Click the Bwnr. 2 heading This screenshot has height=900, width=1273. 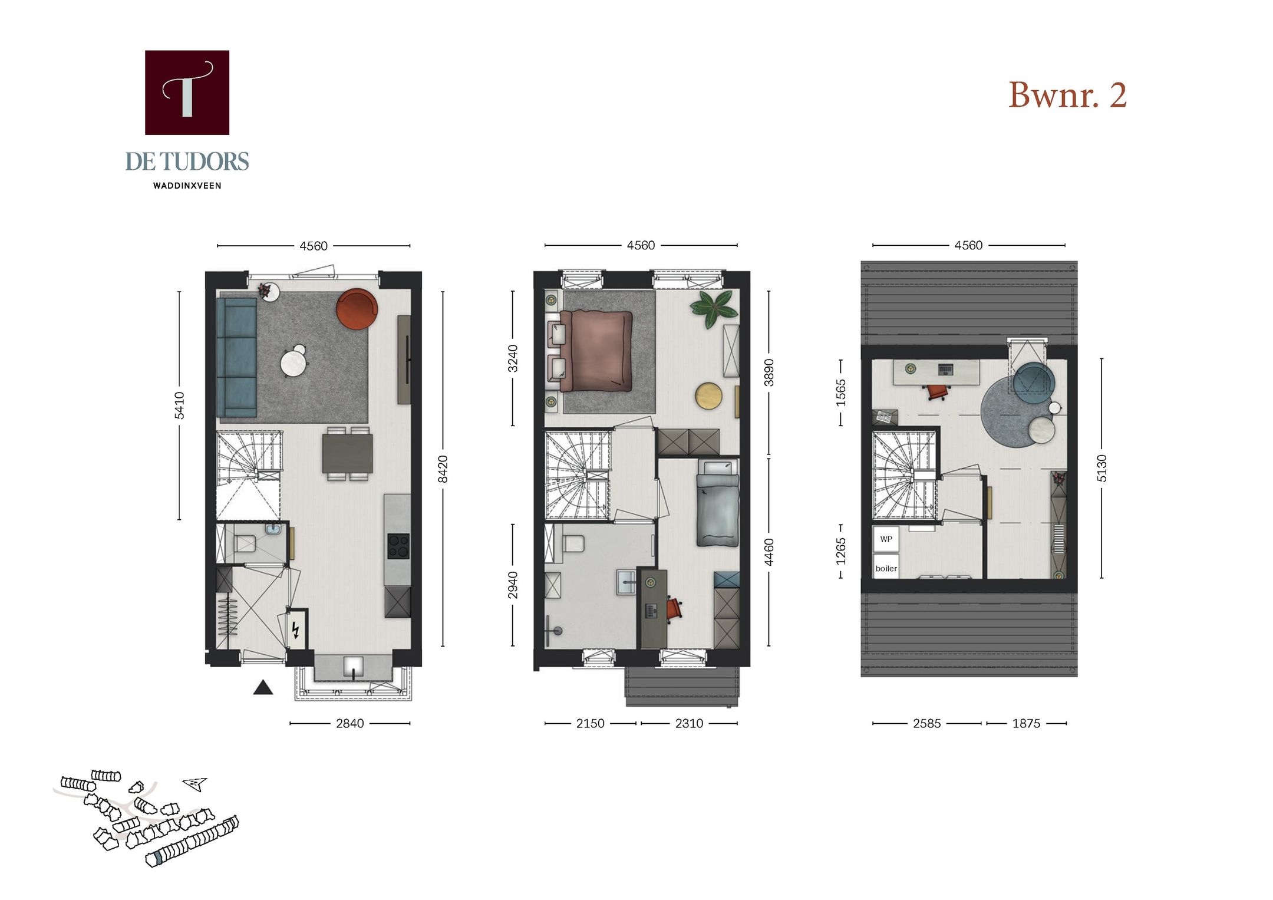click(1067, 95)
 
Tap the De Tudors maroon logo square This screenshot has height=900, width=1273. click(187, 93)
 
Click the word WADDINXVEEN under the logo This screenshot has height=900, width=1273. click(187, 186)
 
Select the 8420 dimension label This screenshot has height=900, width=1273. click(443, 469)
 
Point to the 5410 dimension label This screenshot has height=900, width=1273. click(179, 406)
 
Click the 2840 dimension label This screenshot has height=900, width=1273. click(349, 723)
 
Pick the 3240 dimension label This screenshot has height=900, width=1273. click(513, 358)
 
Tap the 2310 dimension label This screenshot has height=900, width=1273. click(689, 723)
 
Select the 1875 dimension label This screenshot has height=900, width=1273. click(1026, 723)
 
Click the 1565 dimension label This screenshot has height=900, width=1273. click(841, 393)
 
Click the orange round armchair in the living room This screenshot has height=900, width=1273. click(357, 308)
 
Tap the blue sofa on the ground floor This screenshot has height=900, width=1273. click(236, 357)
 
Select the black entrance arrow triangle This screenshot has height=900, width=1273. click(263, 688)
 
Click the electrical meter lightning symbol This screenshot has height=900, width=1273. click(296, 630)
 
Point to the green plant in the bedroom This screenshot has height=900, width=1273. click(714, 308)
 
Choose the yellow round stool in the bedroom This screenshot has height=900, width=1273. click(708, 395)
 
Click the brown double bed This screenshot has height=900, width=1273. click(596, 351)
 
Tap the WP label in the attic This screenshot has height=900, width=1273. click(886, 539)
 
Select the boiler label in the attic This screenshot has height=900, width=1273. click(886, 568)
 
